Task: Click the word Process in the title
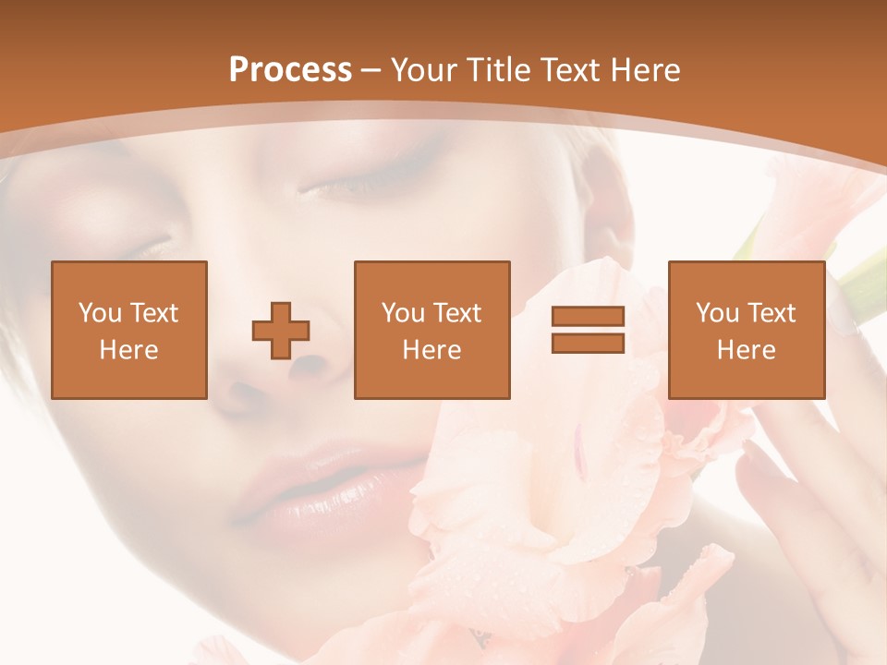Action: pyautogui.click(x=290, y=70)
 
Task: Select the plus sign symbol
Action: pyautogui.click(x=281, y=331)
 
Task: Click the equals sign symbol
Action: pyautogui.click(x=588, y=330)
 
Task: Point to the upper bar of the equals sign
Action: pyautogui.click(x=588, y=317)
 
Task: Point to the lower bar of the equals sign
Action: pyautogui.click(x=588, y=343)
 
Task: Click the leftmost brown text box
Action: pyautogui.click(x=128, y=330)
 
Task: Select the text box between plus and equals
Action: pyautogui.click(x=431, y=330)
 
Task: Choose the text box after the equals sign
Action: pyautogui.click(x=746, y=330)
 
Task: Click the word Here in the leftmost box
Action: pyautogui.click(x=128, y=350)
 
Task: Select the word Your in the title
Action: pyautogui.click(x=422, y=70)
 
